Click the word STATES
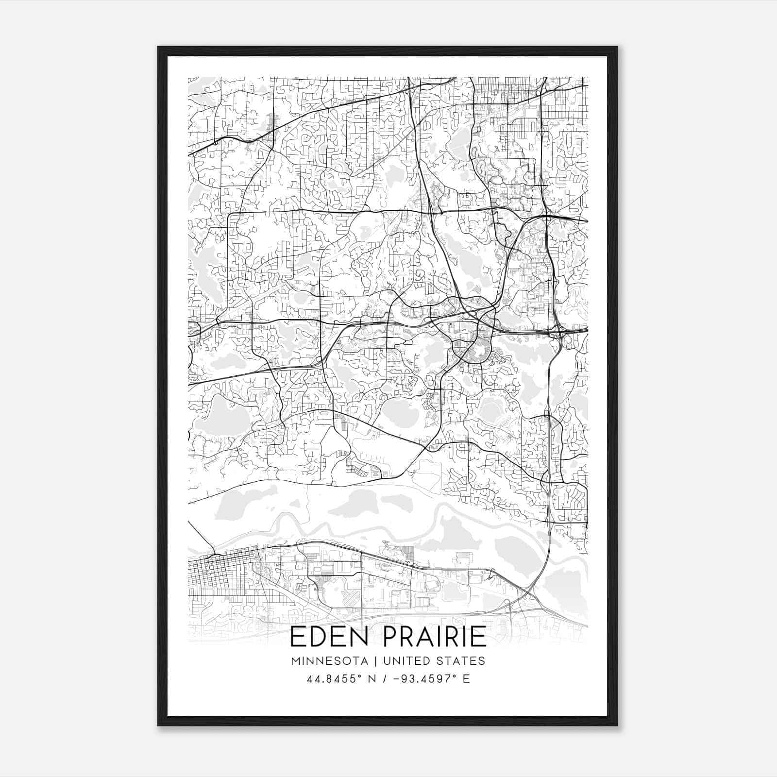[462, 661]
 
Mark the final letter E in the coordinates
[467, 679]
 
